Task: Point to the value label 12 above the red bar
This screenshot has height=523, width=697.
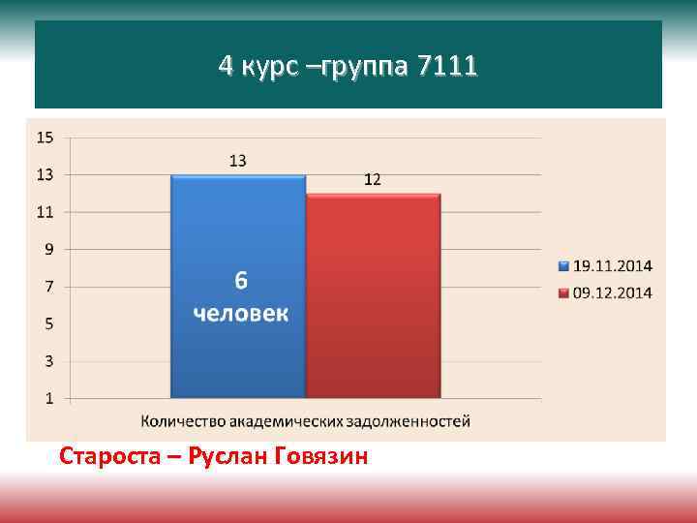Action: tap(372, 179)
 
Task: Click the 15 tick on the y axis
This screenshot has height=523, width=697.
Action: tap(45, 138)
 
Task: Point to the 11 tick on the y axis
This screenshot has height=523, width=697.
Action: tap(45, 212)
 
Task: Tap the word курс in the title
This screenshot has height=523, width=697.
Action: tap(274, 67)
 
